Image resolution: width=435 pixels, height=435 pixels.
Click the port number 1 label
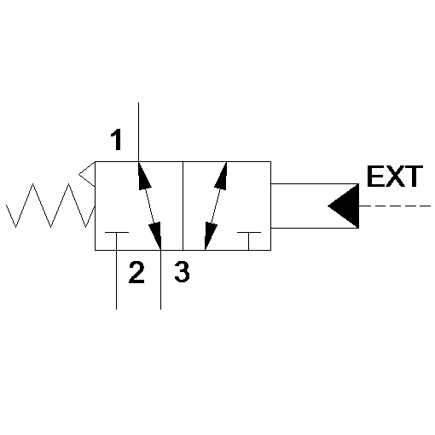116,140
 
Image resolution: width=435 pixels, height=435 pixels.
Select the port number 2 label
136,272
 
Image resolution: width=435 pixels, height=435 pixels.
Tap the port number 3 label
182,272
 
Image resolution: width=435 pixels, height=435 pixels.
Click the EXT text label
395,177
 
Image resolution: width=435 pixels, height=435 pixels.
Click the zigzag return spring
50,206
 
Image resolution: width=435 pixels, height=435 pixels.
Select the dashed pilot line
395,206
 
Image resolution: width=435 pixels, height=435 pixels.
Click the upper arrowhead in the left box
143,177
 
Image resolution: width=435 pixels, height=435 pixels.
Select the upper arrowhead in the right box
221,177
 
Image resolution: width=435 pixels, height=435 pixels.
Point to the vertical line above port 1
138,132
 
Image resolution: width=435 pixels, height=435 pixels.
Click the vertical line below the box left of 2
116,280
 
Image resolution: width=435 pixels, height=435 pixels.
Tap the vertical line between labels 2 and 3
161,280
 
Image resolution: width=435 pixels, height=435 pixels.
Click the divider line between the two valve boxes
183,206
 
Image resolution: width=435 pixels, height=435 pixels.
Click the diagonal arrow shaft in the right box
216,206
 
